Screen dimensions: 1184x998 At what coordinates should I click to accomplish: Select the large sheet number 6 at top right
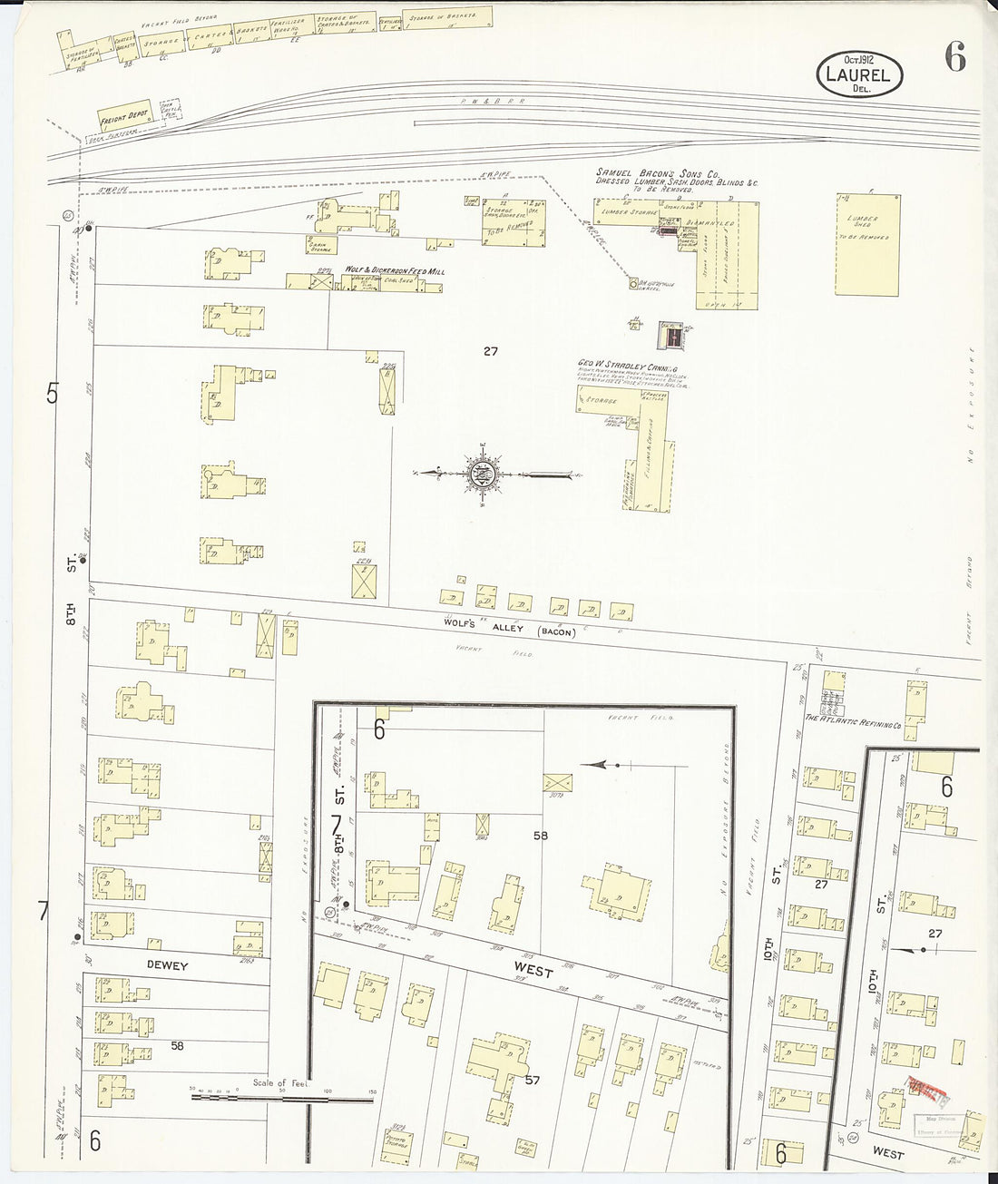[954, 57]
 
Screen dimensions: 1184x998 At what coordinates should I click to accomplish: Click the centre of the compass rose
[484, 473]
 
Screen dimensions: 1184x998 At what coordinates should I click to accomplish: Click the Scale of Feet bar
[281, 1098]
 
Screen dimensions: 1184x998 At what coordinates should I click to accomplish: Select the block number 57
[533, 1080]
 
